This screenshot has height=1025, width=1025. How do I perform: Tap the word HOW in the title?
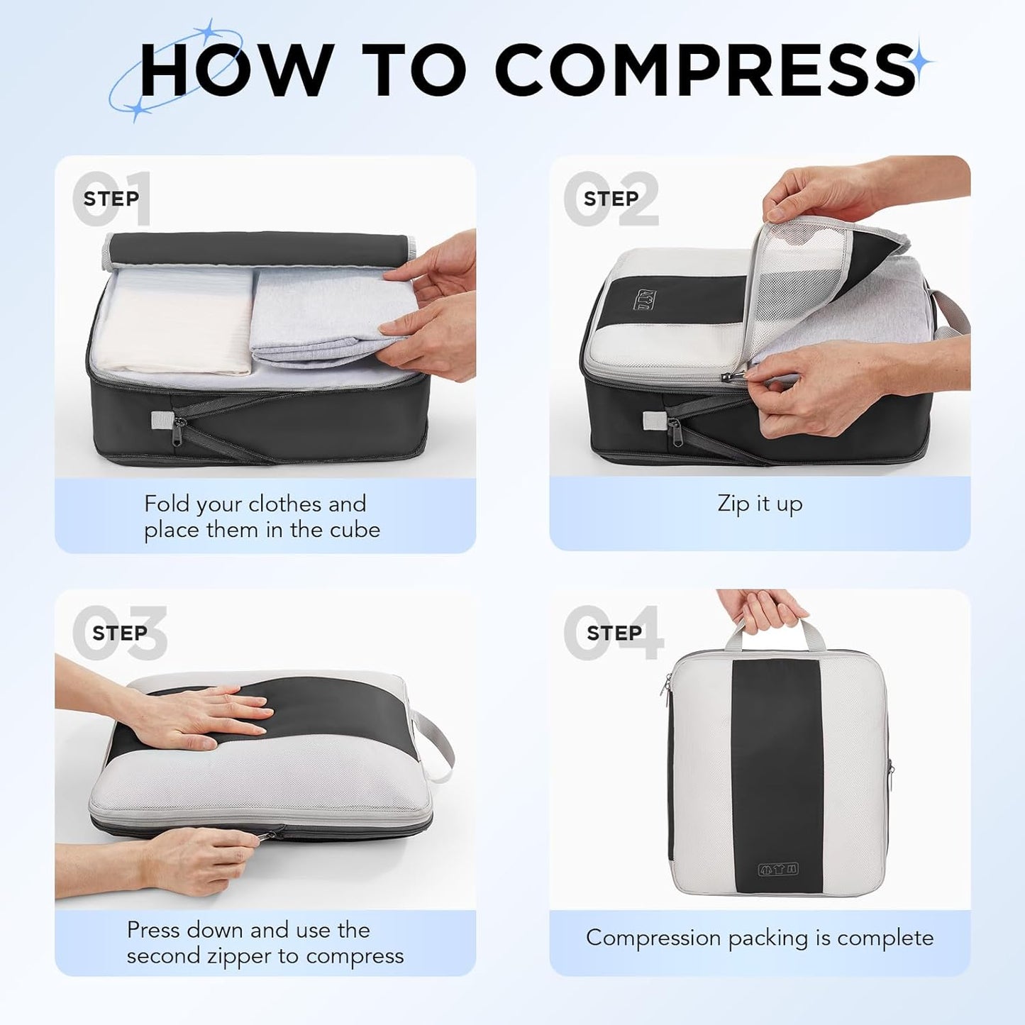click(235, 69)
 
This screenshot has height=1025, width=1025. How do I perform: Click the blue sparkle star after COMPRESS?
click(921, 62)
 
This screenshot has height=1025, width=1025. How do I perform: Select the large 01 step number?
click(111, 199)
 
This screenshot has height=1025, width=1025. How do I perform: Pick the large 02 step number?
click(611, 199)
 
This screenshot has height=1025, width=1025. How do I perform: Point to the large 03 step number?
click(120, 632)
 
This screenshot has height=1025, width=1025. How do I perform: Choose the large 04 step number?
click(614, 632)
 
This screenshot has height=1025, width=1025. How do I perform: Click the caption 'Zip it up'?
click(760, 504)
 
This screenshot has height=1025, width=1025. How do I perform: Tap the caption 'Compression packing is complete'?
click(760, 938)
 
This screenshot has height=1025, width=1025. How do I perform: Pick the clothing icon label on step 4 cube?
click(777, 869)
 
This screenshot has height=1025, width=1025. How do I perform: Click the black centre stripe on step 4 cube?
click(777, 766)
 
